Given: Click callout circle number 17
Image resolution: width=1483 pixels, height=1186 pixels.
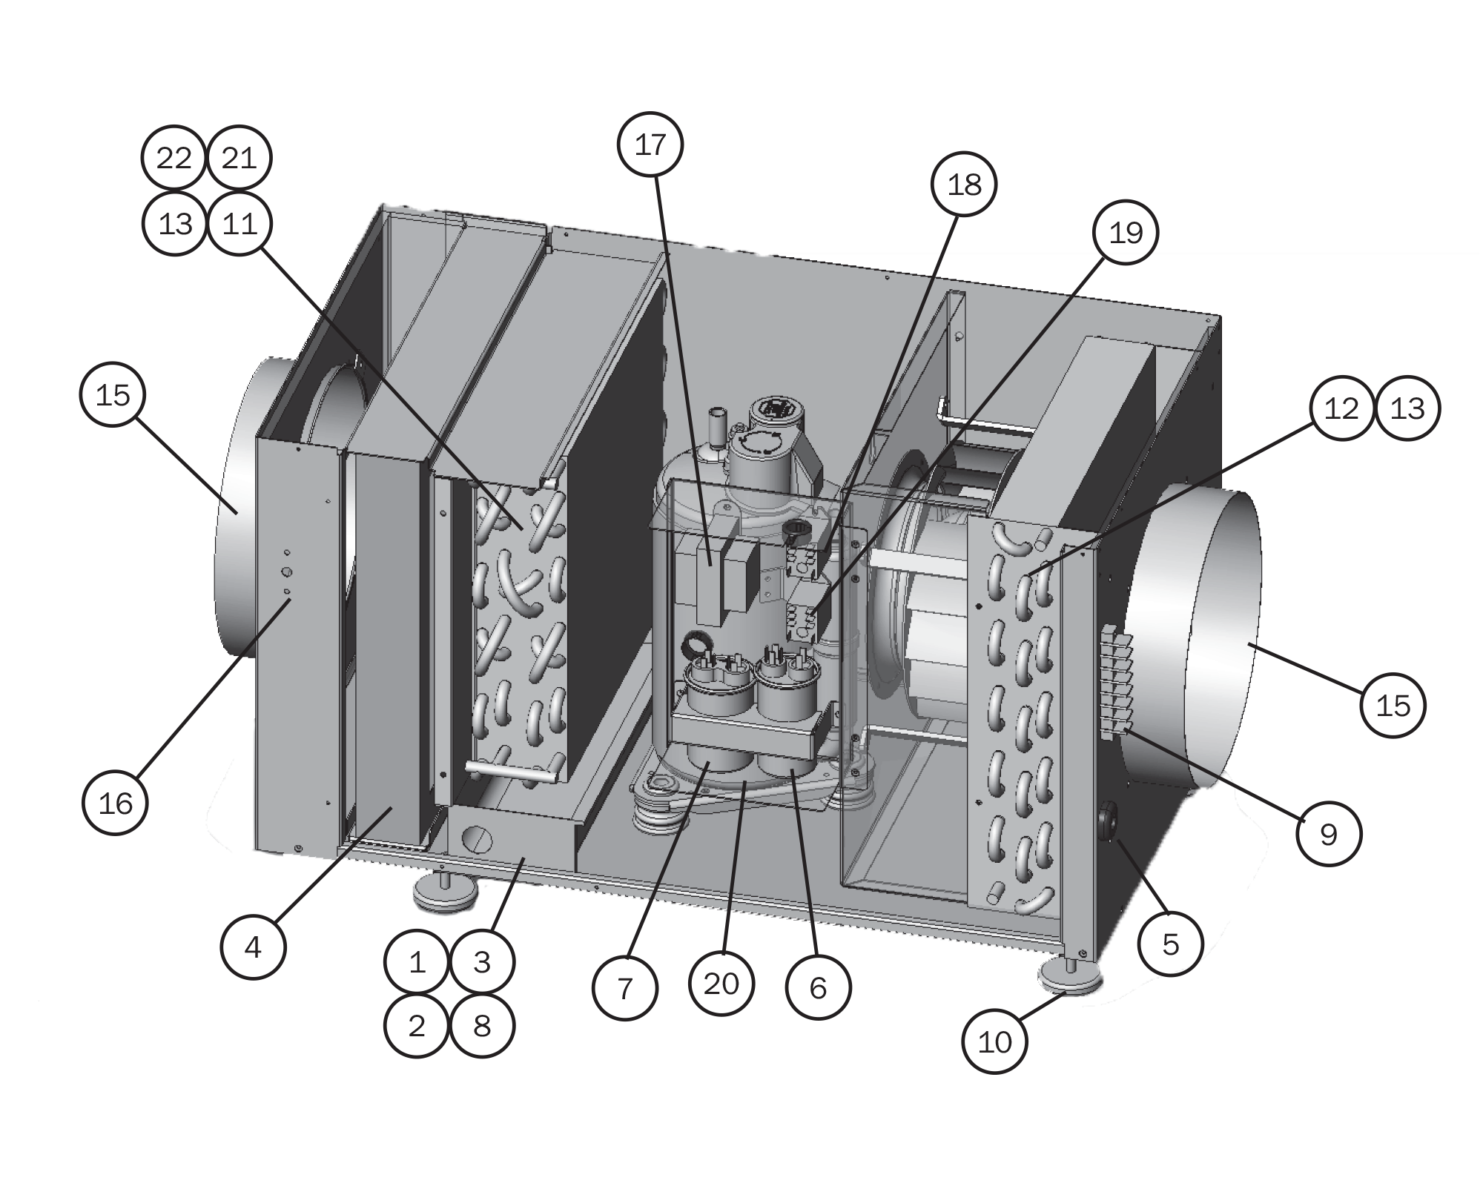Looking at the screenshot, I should (650, 145).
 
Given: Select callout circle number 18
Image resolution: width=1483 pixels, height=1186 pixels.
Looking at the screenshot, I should (964, 184).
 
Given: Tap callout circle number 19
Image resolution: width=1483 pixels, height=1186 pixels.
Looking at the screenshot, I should (1126, 232).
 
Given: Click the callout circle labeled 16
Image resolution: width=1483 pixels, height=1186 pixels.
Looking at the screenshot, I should (115, 803).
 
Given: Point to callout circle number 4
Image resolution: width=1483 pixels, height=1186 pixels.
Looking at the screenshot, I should (253, 947).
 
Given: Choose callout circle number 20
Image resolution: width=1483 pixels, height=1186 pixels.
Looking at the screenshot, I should (721, 984).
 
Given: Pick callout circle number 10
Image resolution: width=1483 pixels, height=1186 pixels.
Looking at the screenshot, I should (994, 1042).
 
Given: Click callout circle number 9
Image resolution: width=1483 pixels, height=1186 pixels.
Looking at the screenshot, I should (1328, 834).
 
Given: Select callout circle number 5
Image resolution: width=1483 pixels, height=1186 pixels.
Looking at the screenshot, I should (1170, 944).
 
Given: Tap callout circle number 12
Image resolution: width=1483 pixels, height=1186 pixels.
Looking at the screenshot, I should (1341, 408).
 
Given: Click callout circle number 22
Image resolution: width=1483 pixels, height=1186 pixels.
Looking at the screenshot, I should (174, 158).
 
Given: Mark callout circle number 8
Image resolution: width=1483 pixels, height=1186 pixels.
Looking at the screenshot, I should (482, 1026).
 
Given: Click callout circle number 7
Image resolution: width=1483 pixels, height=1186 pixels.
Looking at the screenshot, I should (624, 988).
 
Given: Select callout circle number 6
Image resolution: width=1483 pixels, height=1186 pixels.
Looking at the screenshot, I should (818, 987).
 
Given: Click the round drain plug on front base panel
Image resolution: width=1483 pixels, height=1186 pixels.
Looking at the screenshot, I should (476, 841).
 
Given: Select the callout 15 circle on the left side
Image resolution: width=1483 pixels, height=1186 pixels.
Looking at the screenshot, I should (112, 395).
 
